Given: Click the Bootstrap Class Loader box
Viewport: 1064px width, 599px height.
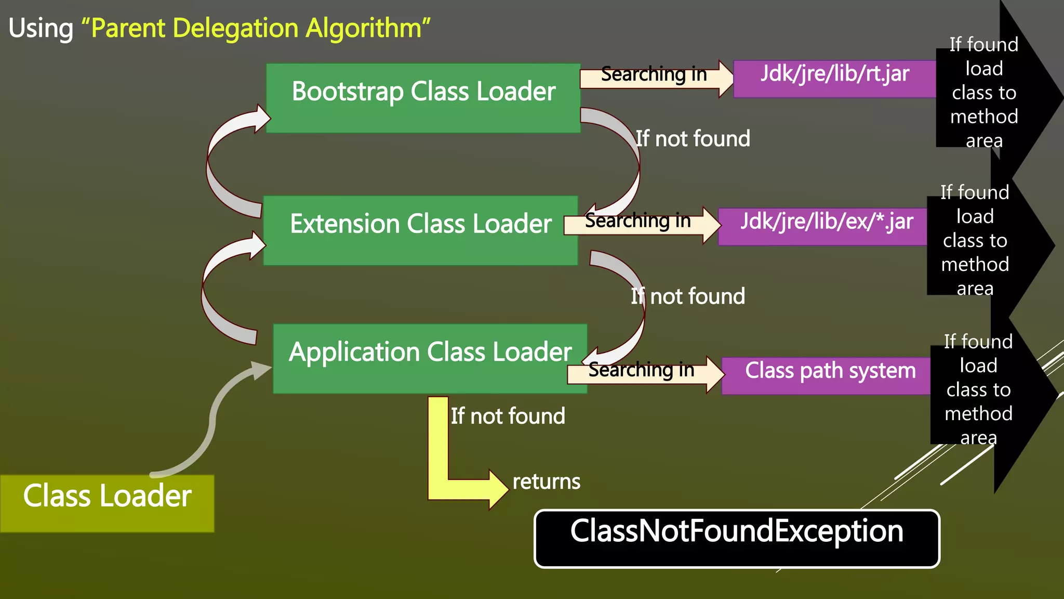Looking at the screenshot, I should pyautogui.click(x=423, y=98).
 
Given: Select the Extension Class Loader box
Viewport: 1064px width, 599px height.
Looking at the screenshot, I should pyautogui.click(x=420, y=230).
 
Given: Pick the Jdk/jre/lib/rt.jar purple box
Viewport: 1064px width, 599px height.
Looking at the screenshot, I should pyautogui.click(x=834, y=79).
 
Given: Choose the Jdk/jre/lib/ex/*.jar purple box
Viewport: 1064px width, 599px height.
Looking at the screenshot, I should pyautogui.click(x=823, y=226).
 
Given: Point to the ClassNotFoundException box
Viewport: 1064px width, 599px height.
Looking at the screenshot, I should pyautogui.click(x=737, y=538).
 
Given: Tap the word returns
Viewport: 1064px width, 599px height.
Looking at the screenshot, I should pyautogui.click(x=546, y=481).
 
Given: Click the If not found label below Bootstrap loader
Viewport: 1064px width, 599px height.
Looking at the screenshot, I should pyautogui.click(x=693, y=139).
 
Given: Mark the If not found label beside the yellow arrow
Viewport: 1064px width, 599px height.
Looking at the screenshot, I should pyautogui.click(x=508, y=416).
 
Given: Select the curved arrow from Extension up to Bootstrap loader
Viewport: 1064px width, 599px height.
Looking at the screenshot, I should pyautogui.click(x=218, y=161).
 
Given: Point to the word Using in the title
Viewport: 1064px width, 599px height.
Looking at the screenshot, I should pyautogui.click(x=41, y=28).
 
